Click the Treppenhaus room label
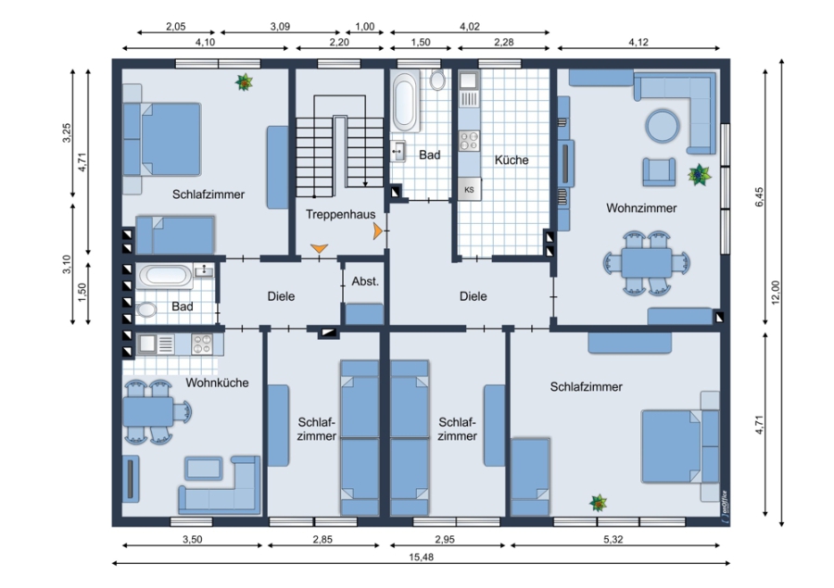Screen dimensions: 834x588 click(340, 214)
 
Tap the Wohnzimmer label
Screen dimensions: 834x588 click(641, 207)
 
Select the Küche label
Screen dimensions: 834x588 click(512, 160)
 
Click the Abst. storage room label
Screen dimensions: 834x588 click(365, 281)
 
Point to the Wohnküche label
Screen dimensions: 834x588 click(217, 382)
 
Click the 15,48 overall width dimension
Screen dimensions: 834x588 click(421, 557)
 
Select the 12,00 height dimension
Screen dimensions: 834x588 click(775, 292)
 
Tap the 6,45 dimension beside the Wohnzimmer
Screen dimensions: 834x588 click(759, 196)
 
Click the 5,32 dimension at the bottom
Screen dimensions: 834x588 click(613, 539)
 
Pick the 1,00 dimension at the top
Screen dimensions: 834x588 click(365, 27)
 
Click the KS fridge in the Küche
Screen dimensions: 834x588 click(469, 189)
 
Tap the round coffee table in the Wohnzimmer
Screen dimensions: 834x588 click(663, 126)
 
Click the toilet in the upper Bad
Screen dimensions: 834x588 click(437, 80)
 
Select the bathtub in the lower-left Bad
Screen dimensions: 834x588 click(166, 275)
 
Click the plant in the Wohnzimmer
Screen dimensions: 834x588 click(700, 174)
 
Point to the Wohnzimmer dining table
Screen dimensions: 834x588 click(646, 263)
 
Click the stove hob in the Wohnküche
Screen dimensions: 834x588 click(202, 344)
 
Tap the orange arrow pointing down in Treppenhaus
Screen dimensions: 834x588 click(319, 248)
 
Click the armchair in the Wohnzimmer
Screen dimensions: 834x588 click(659, 171)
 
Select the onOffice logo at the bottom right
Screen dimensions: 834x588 click(724, 504)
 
